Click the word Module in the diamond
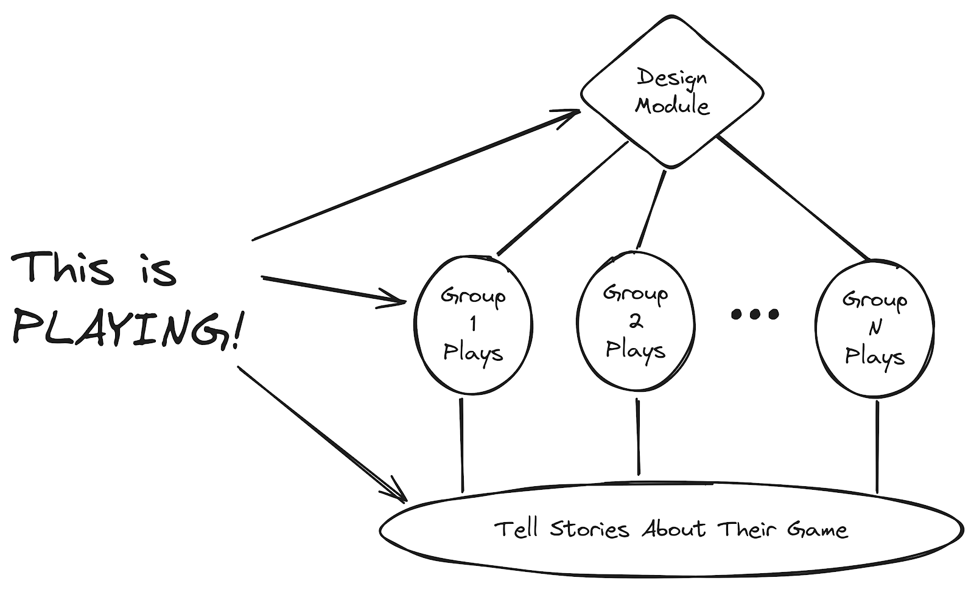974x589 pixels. click(672, 106)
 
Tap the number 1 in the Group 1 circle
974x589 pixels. click(474, 324)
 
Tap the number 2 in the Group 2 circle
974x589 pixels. click(636, 321)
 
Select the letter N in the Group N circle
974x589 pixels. click(875, 329)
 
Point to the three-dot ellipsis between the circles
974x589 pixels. click(754, 314)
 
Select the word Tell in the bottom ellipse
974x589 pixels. click(516, 529)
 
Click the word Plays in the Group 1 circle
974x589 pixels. click(473, 353)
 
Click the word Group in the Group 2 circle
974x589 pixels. click(636, 293)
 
